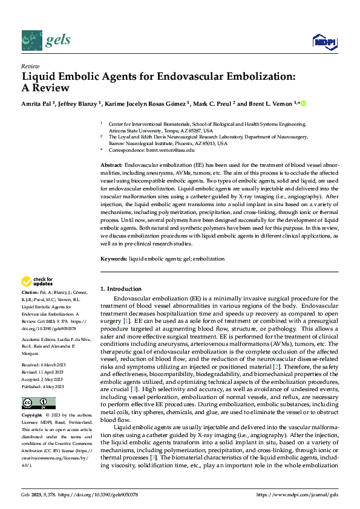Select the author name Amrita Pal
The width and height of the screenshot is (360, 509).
point(40,103)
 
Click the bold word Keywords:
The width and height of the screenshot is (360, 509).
point(113,258)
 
